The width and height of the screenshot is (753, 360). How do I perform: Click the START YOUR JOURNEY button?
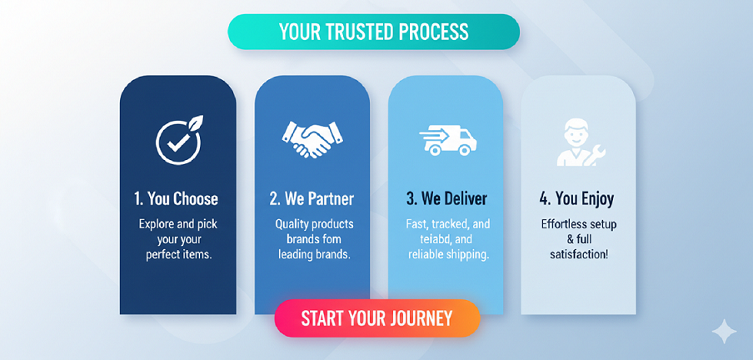[x=377, y=318]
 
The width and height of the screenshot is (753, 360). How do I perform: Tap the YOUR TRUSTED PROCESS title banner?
[x=374, y=32]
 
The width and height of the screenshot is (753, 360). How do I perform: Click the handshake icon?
[x=312, y=139]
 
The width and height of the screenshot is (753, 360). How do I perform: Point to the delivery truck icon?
[x=448, y=141]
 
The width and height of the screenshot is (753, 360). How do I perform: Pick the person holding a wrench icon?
[x=581, y=142]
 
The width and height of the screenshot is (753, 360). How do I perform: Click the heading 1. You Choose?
[x=177, y=198]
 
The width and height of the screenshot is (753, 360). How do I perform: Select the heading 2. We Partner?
[x=312, y=198]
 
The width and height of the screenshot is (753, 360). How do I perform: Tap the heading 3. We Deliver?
[x=446, y=198]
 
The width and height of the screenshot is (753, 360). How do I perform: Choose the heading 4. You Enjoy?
[x=576, y=198]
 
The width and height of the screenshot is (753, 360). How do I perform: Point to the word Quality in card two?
[x=292, y=224]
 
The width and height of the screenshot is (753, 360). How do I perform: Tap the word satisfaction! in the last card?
[x=579, y=254]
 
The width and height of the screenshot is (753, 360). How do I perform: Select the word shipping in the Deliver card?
[x=470, y=255]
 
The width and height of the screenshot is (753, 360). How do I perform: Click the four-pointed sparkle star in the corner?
[x=724, y=331]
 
